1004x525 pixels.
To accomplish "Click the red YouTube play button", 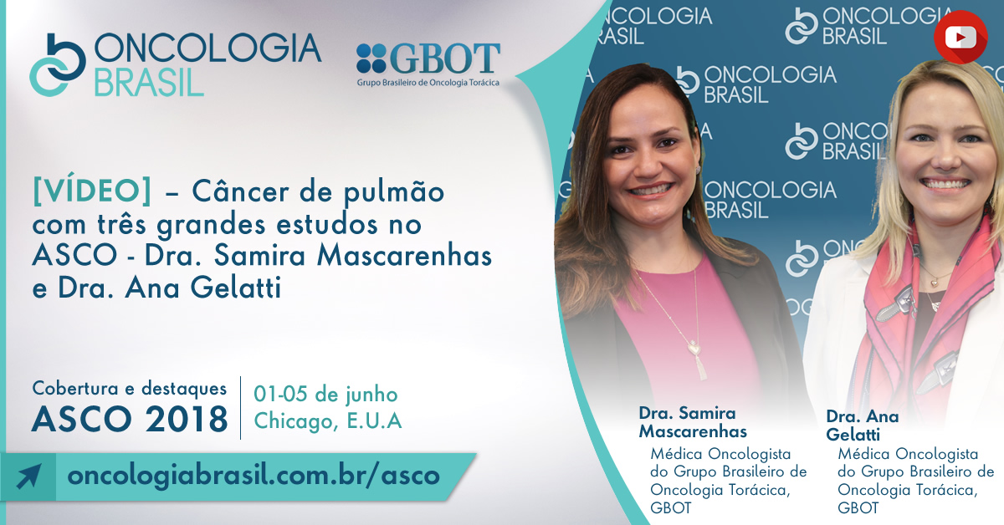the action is (x=960, y=38).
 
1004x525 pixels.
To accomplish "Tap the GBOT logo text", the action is (x=445, y=59).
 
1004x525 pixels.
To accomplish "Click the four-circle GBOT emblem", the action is (x=371, y=59).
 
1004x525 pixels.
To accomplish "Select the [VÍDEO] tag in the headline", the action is (x=92, y=191).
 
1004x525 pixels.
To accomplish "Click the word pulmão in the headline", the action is (x=394, y=193).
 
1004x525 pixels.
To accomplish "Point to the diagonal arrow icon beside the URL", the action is (x=28, y=477).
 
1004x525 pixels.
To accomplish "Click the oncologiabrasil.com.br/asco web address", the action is (x=254, y=476).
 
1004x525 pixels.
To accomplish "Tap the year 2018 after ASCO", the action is (x=187, y=420).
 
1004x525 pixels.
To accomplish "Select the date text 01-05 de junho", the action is (x=325, y=395).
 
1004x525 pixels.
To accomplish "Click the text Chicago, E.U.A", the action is (x=328, y=421).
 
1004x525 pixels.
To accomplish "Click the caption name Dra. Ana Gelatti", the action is (x=863, y=426).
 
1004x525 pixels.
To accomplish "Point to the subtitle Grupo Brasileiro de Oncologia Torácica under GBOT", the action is (x=428, y=83).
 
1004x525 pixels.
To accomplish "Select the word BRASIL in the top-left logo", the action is (x=149, y=83).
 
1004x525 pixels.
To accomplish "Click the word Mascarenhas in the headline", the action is (x=404, y=256).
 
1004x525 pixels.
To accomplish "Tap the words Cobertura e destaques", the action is (x=130, y=389).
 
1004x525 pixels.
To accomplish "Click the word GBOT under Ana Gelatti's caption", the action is (x=858, y=508).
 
